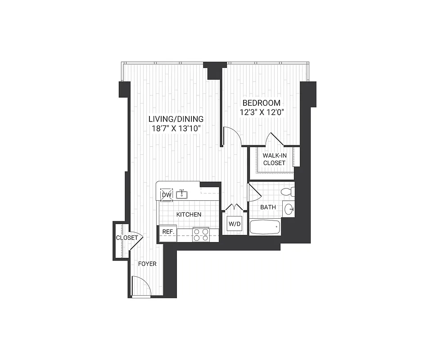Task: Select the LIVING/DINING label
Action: (176, 119)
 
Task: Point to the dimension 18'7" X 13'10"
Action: (176, 129)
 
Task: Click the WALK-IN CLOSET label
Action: (274, 159)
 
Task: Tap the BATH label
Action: (268, 207)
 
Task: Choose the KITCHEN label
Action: (189, 215)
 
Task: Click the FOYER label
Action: (147, 264)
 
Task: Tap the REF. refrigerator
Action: (168, 232)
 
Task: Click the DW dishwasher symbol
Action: (167, 194)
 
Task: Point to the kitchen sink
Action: (182, 195)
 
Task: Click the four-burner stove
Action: (201, 234)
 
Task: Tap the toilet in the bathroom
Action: (287, 192)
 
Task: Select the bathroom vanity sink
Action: (289, 209)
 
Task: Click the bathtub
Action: (265, 227)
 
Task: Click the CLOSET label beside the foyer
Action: (127, 238)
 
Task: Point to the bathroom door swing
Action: (254, 193)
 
